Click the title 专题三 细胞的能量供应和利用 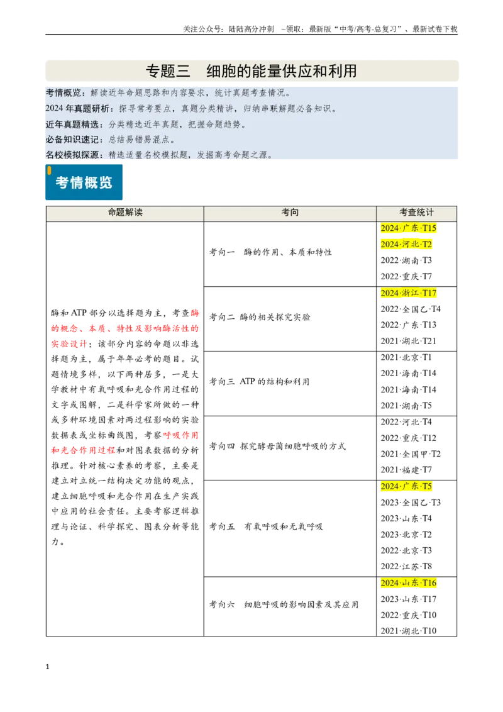point(251,71)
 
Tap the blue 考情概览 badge point(84,182)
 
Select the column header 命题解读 point(125,212)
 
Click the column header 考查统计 point(416,212)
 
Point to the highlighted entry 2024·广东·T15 point(408,228)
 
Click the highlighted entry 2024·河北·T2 point(406,244)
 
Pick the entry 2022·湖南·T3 point(406,260)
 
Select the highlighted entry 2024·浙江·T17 point(408,293)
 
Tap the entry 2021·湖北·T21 point(408,340)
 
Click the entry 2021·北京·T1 point(406,357)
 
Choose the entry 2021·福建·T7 point(406,469)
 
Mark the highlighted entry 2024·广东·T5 point(406,486)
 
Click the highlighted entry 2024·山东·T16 point(408,582)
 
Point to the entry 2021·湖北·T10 point(408,631)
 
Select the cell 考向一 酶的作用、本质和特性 point(270,252)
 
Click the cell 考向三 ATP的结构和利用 point(259,381)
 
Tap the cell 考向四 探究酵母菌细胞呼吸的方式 point(277,446)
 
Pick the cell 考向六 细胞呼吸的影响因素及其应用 point(284,604)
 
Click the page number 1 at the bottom point(47,667)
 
